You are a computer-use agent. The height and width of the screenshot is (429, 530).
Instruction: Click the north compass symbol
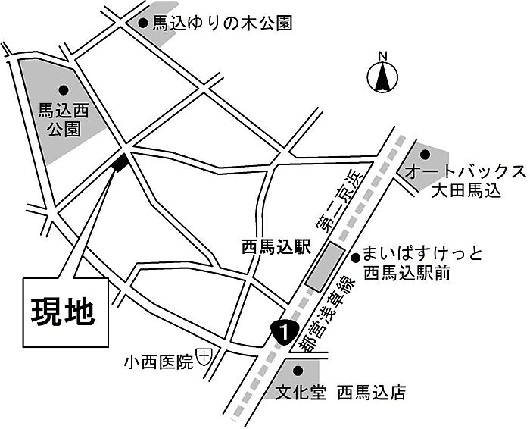pyautogui.click(x=382, y=77)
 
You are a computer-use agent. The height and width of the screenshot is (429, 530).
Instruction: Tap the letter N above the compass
pyautogui.click(x=382, y=56)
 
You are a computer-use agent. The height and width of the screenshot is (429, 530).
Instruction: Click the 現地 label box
pyautogui.click(x=66, y=312)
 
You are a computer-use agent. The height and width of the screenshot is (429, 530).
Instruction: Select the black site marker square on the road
pyautogui.click(x=120, y=162)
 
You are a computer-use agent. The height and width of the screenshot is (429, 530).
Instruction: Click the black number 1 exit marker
pyautogui.click(x=284, y=332)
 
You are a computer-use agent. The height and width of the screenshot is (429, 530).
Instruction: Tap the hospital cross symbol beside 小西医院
pyautogui.click(x=204, y=356)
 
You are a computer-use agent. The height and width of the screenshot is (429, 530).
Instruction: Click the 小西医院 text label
pyautogui.click(x=159, y=362)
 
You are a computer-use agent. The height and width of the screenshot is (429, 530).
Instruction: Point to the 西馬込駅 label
pyautogui.click(x=276, y=246)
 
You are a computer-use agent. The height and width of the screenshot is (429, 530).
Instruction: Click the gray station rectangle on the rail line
pyautogui.click(x=325, y=267)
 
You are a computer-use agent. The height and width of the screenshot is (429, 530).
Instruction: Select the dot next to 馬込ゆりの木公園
pyautogui.click(x=143, y=23)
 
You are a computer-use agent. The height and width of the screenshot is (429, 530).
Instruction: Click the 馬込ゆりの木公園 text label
pyautogui.click(x=222, y=23)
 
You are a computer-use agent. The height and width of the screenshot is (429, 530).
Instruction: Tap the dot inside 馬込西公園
pyautogui.click(x=64, y=90)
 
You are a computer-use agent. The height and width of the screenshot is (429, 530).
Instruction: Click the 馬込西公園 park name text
pyautogui.click(x=64, y=120)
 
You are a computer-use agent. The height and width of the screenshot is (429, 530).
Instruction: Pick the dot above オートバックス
pyautogui.click(x=425, y=155)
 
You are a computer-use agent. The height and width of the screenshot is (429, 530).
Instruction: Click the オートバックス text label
pyautogui.click(x=465, y=172)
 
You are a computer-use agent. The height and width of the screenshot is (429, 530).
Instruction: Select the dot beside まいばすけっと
pyautogui.click(x=356, y=258)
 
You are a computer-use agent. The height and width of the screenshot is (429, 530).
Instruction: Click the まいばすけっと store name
pyautogui.click(x=422, y=255)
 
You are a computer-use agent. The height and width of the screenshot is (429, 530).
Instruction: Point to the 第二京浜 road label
pyautogui.click(x=339, y=202)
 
